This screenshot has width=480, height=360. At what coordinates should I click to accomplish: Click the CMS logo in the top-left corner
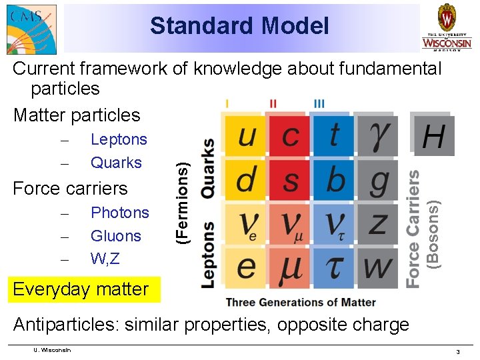(31, 27)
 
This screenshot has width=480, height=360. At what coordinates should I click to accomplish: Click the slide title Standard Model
(239, 26)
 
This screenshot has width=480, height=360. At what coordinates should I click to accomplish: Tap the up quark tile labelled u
(245, 137)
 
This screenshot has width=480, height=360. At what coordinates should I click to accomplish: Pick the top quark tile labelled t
(333, 137)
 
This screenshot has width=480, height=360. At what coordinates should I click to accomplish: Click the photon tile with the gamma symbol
(377, 137)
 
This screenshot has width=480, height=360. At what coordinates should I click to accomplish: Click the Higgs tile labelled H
(433, 137)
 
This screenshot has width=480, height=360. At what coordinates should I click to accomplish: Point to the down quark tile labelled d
(245, 180)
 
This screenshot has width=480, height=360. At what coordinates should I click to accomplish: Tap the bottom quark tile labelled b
(333, 180)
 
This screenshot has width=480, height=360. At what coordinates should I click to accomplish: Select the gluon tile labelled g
(377, 180)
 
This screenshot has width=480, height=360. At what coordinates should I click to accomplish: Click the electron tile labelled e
(245, 267)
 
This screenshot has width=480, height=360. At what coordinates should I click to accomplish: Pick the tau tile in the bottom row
(333, 267)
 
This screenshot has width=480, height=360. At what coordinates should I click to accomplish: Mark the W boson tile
(377, 267)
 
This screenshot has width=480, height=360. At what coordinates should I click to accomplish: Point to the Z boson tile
(377, 223)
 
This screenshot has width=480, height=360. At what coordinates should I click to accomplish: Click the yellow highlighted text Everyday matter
(81, 289)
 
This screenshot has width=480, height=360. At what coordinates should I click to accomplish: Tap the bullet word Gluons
(116, 236)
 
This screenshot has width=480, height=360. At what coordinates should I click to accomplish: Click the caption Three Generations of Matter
(301, 302)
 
